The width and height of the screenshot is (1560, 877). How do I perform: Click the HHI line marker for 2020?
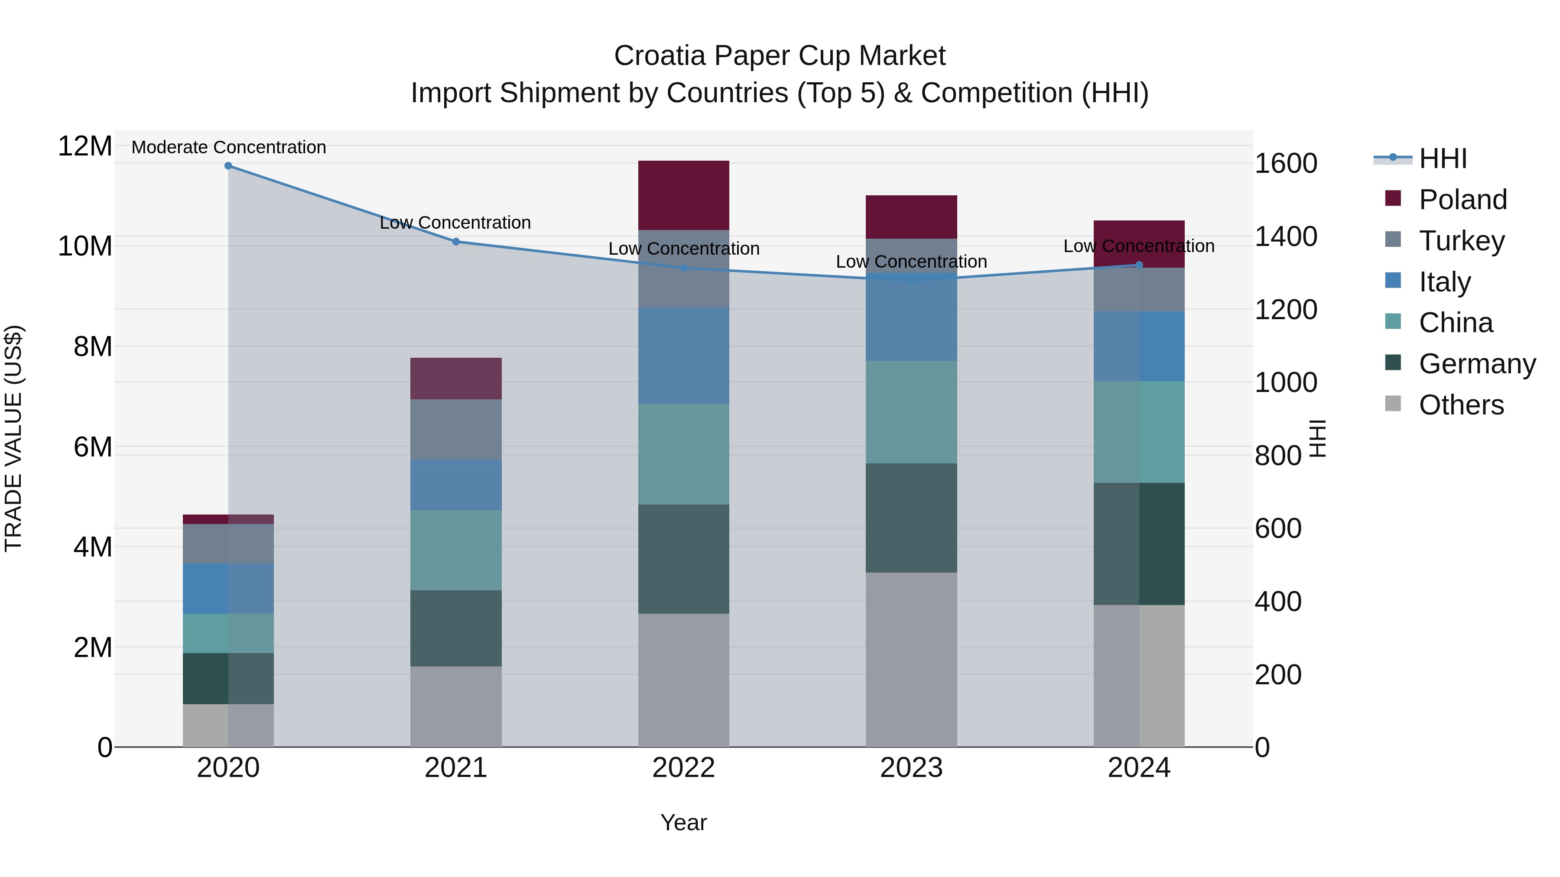click(228, 165)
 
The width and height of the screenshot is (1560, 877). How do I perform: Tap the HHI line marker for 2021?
click(456, 242)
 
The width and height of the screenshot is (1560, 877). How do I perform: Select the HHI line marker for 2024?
click(1139, 265)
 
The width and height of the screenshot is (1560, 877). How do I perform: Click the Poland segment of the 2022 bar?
click(684, 195)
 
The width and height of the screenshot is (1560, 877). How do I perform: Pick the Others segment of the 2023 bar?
click(911, 659)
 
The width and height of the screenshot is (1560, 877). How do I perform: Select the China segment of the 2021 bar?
click(456, 550)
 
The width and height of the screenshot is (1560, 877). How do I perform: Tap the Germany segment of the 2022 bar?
click(684, 559)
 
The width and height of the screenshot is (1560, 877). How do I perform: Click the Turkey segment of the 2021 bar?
click(456, 429)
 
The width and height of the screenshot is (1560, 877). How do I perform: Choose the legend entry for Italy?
click(1444, 282)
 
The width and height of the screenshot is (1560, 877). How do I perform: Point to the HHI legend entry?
click(1443, 159)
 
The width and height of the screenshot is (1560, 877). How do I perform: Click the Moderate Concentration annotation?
click(229, 147)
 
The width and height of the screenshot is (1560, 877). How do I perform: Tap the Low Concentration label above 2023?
click(911, 262)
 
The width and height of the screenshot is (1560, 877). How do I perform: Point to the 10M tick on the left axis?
click(85, 246)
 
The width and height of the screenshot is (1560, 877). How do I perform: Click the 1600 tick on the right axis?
click(1286, 163)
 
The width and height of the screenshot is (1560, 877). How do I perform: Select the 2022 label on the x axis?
click(684, 768)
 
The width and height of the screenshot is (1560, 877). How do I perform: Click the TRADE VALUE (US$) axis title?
click(13, 438)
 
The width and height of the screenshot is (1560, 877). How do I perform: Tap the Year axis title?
click(684, 822)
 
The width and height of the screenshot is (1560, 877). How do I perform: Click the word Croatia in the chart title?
click(660, 56)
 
